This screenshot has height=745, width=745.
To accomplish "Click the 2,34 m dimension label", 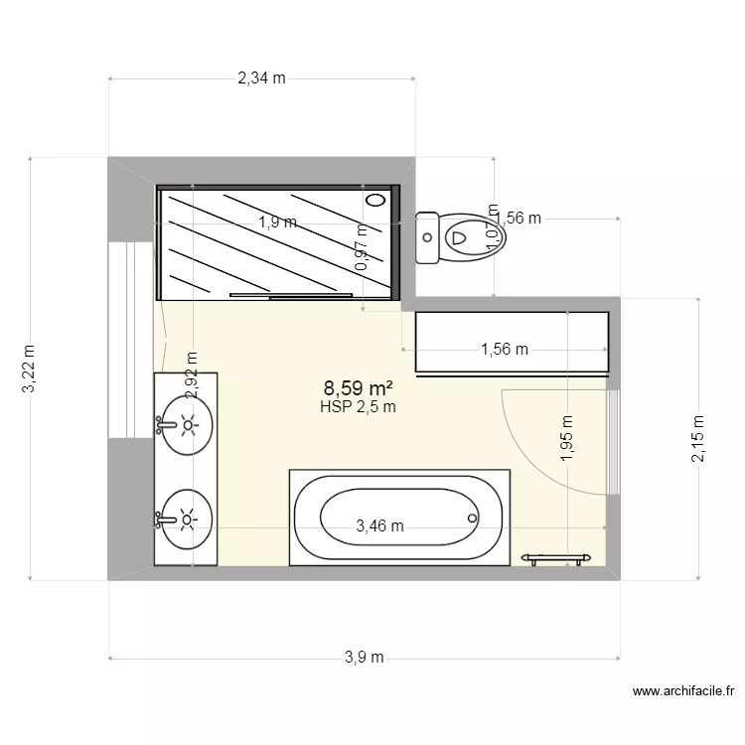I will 261,78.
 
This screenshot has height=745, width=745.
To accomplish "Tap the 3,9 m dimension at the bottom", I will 365,658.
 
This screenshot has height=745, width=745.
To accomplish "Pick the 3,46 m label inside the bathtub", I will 379,526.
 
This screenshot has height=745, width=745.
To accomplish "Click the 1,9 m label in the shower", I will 277,223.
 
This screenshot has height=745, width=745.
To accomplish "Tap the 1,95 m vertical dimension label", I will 566,439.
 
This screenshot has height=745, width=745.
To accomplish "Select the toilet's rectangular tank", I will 427,237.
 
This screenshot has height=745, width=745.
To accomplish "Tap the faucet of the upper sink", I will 164,426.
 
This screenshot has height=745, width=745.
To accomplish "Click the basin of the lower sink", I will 189,518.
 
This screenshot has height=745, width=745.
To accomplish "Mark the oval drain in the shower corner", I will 375,200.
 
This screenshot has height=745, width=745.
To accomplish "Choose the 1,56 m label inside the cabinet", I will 505,349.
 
